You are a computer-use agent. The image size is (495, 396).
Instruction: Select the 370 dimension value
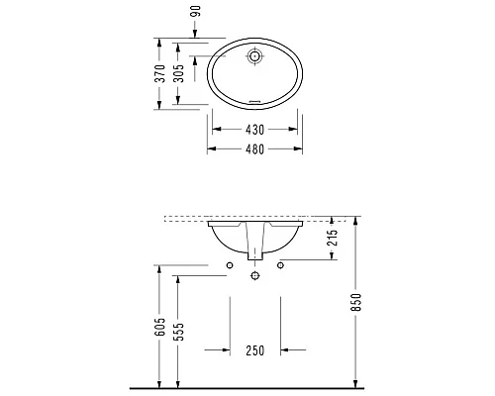click(x=157, y=74)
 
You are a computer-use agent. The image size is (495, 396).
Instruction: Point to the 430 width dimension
click(x=255, y=129)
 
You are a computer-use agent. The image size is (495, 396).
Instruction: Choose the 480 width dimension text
click(x=255, y=149)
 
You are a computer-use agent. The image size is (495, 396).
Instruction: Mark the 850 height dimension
click(x=356, y=301)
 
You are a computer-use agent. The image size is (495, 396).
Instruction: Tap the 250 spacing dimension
click(x=255, y=349)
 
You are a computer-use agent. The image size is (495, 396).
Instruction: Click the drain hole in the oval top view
click(x=255, y=57)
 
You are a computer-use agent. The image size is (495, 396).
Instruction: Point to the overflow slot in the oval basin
click(x=255, y=101)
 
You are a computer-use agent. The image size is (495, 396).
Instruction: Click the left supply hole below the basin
click(x=230, y=264)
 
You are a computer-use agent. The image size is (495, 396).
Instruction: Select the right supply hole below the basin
click(x=281, y=264)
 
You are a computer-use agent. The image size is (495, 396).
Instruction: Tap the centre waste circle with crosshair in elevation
click(x=255, y=276)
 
